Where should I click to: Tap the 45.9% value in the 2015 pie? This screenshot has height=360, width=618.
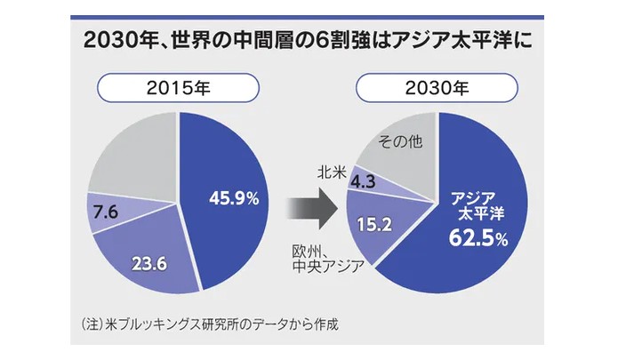click(x=233, y=198)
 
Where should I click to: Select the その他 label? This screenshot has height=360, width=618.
click(x=398, y=140)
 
